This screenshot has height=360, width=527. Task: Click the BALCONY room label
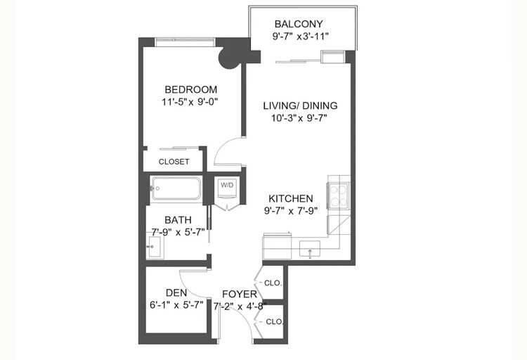(299, 24)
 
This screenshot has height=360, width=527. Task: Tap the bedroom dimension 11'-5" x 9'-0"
(190, 102)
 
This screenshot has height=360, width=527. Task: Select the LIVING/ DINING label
(300, 105)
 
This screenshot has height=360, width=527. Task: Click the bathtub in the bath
(176, 188)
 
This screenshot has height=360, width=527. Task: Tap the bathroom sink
(155, 247)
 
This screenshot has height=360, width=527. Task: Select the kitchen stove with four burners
(338, 195)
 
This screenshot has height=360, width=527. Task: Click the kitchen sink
(310, 249)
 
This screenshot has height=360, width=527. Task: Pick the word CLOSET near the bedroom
(174, 162)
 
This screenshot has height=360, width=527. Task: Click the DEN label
(176, 292)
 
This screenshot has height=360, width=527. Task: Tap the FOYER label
(240, 294)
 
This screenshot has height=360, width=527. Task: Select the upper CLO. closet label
(273, 283)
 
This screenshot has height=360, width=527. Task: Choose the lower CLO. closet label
(275, 321)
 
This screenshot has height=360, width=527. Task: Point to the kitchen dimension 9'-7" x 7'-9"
(291, 211)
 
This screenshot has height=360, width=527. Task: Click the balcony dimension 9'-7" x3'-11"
(300, 36)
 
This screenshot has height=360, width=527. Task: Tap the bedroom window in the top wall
(185, 42)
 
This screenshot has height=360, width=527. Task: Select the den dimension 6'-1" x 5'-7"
(176, 305)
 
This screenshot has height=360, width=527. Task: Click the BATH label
(178, 220)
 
